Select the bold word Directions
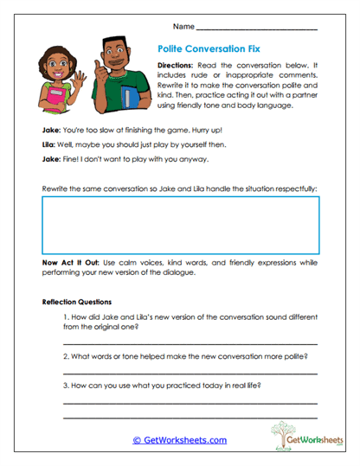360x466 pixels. (179, 67)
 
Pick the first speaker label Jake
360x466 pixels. (51, 129)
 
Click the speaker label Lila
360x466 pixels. (50, 144)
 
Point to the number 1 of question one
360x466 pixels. (65, 318)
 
